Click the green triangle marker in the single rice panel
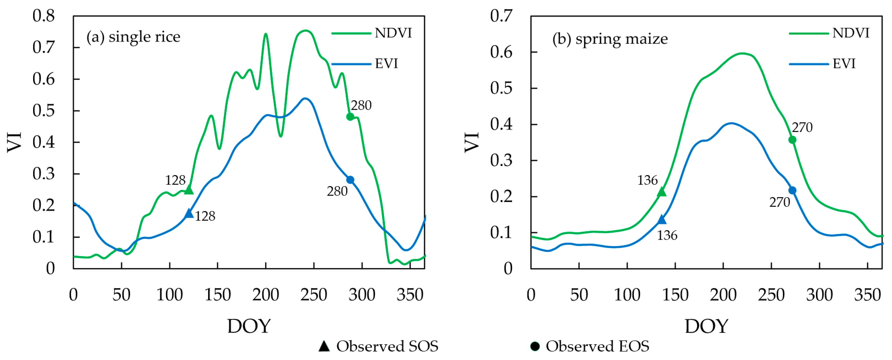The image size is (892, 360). [x=189, y=190]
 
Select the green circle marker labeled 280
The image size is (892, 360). [x=350, y=117]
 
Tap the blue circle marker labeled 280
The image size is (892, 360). [x=350, y=180]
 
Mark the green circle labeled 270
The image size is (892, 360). [x=792, y=140]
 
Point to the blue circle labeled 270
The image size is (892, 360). [x=792, y=190]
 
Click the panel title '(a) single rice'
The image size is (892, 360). [x=133, y=37]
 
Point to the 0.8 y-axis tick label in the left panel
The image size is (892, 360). [x=44, y=16]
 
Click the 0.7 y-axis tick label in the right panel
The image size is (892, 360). [x=501, y=16]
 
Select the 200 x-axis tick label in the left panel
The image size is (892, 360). [x=266, y=295]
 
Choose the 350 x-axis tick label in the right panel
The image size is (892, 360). [x=867, y=295]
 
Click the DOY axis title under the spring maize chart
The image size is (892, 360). [x=706, y=326]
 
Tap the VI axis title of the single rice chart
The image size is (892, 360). [x=15, y=142]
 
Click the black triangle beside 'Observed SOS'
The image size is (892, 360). [x=324, y=346]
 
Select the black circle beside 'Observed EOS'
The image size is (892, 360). [x=535, y=346]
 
